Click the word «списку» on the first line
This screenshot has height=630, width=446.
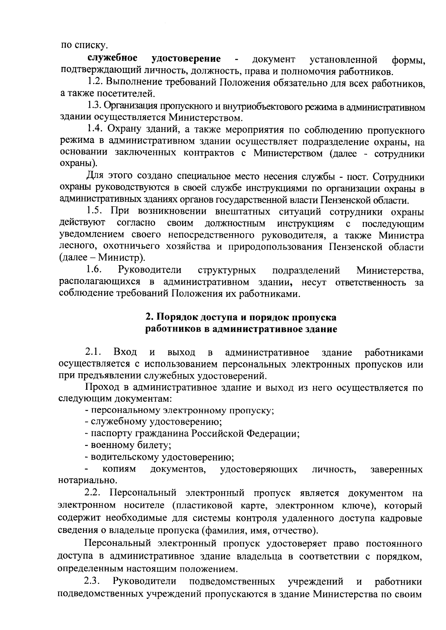pyautogui.click(x=91, y=46)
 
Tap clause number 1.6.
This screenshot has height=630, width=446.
pyautogui.click(x=94, y=269)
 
